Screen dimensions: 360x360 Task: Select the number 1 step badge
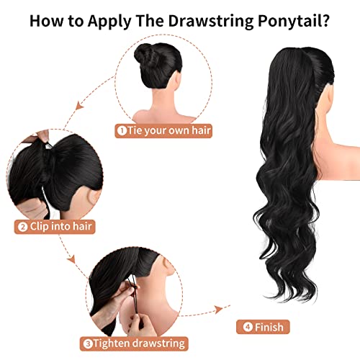123,131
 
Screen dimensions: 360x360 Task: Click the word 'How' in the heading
45,19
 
